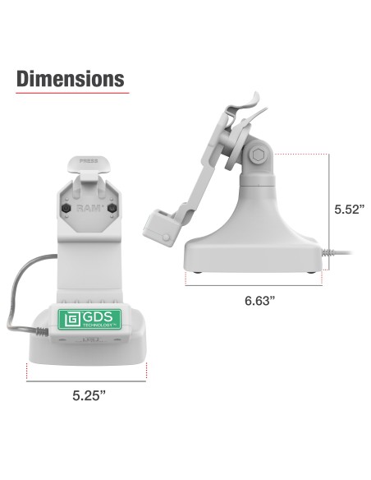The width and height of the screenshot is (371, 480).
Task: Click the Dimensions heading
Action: tap(71, 79)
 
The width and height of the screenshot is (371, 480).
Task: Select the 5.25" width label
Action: tap(89, 395)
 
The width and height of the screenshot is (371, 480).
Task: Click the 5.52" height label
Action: tap(348, 209)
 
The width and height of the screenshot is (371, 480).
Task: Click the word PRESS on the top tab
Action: tap(89, 164)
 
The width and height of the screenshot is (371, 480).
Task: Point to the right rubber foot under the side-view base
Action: tap(310, 272)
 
